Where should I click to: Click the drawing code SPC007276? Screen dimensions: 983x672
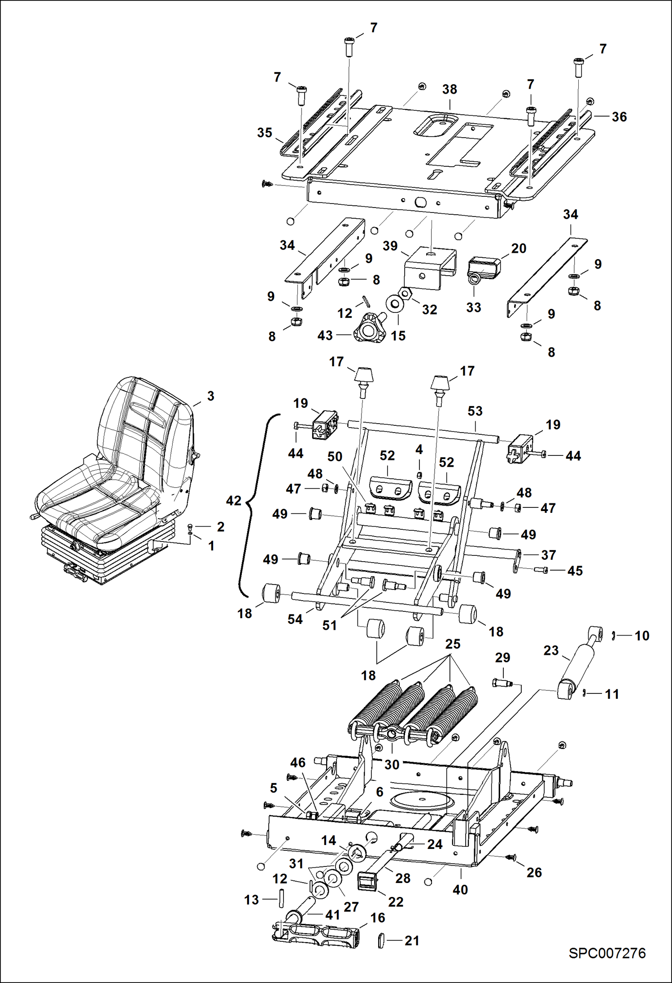pyautogui.click(x=607, y=953)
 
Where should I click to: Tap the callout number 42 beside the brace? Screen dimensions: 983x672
pyautogui.click(x=233, y=500)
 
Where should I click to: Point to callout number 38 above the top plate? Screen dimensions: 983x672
pyautogui.click(x=449, y=89)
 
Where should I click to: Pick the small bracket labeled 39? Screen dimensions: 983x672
pyautogui.click(x=429, y=268)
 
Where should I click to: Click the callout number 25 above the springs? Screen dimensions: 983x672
pyautogui.click(x=453, y=644)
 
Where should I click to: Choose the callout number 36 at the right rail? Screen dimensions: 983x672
pyautogui.click(x=619, y=117)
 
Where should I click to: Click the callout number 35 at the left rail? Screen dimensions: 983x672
pyautogui.click(x=265, y=132)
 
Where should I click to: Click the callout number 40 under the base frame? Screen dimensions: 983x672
pyautogui.click(x=460, y=889)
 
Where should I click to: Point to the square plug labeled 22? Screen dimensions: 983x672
pyautogui.click(x=367, y=882)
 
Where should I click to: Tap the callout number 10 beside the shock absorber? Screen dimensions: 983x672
pyautogui.click(x=641, y=635)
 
